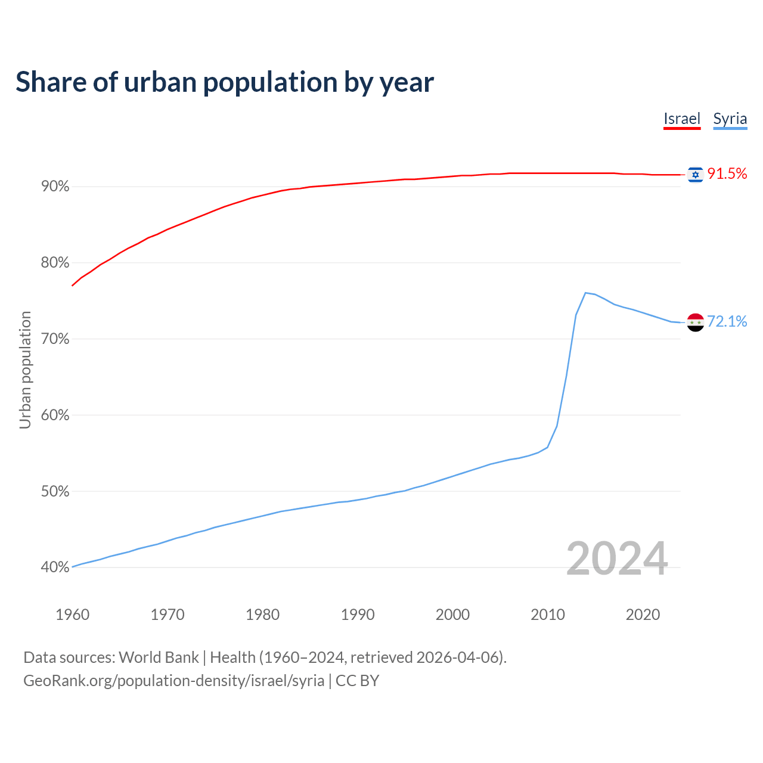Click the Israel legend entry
pyautogui.click(x=682, y=119)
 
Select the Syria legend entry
pyautogui.click(x=730, y=119)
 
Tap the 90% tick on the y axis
pyautogui.click(x=55, y=187)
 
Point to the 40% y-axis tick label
pyautogui.click(x=55, y=567)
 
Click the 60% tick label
pyautogui.click(x=55, y=415)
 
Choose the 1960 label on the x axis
pyautogui.click(x=72, y=615)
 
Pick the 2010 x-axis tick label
pyautogui.click(x=548, y=615)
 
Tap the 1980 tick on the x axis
pyautogui.click(x=263, y=615)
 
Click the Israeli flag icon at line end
pyautogui.click(x=695, y=174)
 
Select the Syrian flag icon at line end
pyautogui.click(x=695, y=322)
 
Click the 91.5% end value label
pyautogui.click(x=727, y=173)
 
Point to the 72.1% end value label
pyautogui.click(x=727, y=321)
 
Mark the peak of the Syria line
pyautogui.click(x=585, y=293)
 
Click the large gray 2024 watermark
pyautogui.click(x=617, y=559)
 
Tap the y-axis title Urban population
pyautogui.click(x=25, y=370)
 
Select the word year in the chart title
pyautogui.click(x=408, y=82)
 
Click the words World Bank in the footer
pyautogui.click(x=159, y=657)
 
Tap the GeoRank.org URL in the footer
pyautogui.click(x=173, y=681)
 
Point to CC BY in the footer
pyautogui.click(x=357, y=681)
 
